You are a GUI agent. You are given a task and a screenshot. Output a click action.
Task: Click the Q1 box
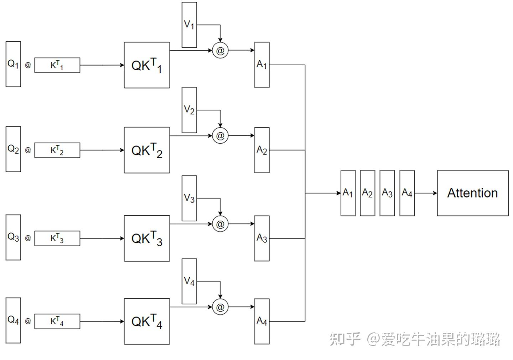coord(13,64)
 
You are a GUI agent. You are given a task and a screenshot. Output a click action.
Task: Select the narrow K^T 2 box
coord(57,150)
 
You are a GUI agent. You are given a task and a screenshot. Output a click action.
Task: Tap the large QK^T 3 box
coord(147,238)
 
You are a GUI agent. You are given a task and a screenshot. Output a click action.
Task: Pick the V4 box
coord(189,281)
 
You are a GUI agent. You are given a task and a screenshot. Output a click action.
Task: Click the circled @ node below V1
coord(220,51)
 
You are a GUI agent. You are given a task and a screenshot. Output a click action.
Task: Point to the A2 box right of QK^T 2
coord(262,150)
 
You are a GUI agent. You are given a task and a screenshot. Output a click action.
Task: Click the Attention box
coord(472,193)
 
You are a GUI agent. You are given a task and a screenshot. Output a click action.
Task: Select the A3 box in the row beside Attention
coord(387,193)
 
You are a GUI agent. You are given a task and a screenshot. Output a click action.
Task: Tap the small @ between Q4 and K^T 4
coord(28,321)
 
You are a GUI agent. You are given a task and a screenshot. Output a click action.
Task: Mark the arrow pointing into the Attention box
coord(426,193)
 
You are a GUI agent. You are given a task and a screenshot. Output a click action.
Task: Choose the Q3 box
coord(13,237)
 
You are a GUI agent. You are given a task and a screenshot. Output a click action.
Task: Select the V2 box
coord(189,110)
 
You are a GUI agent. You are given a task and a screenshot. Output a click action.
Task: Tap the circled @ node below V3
coord(220,224)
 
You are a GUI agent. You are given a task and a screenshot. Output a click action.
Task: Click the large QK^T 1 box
coord(147,65)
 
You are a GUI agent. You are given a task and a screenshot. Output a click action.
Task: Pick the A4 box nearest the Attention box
coord(407,193)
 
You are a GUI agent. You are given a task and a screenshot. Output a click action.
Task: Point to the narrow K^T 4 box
coord(57,322)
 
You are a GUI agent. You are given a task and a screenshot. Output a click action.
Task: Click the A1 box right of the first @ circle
coord(262,65)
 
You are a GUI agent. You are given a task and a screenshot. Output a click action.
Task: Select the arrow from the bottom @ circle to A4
coord(242,307)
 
